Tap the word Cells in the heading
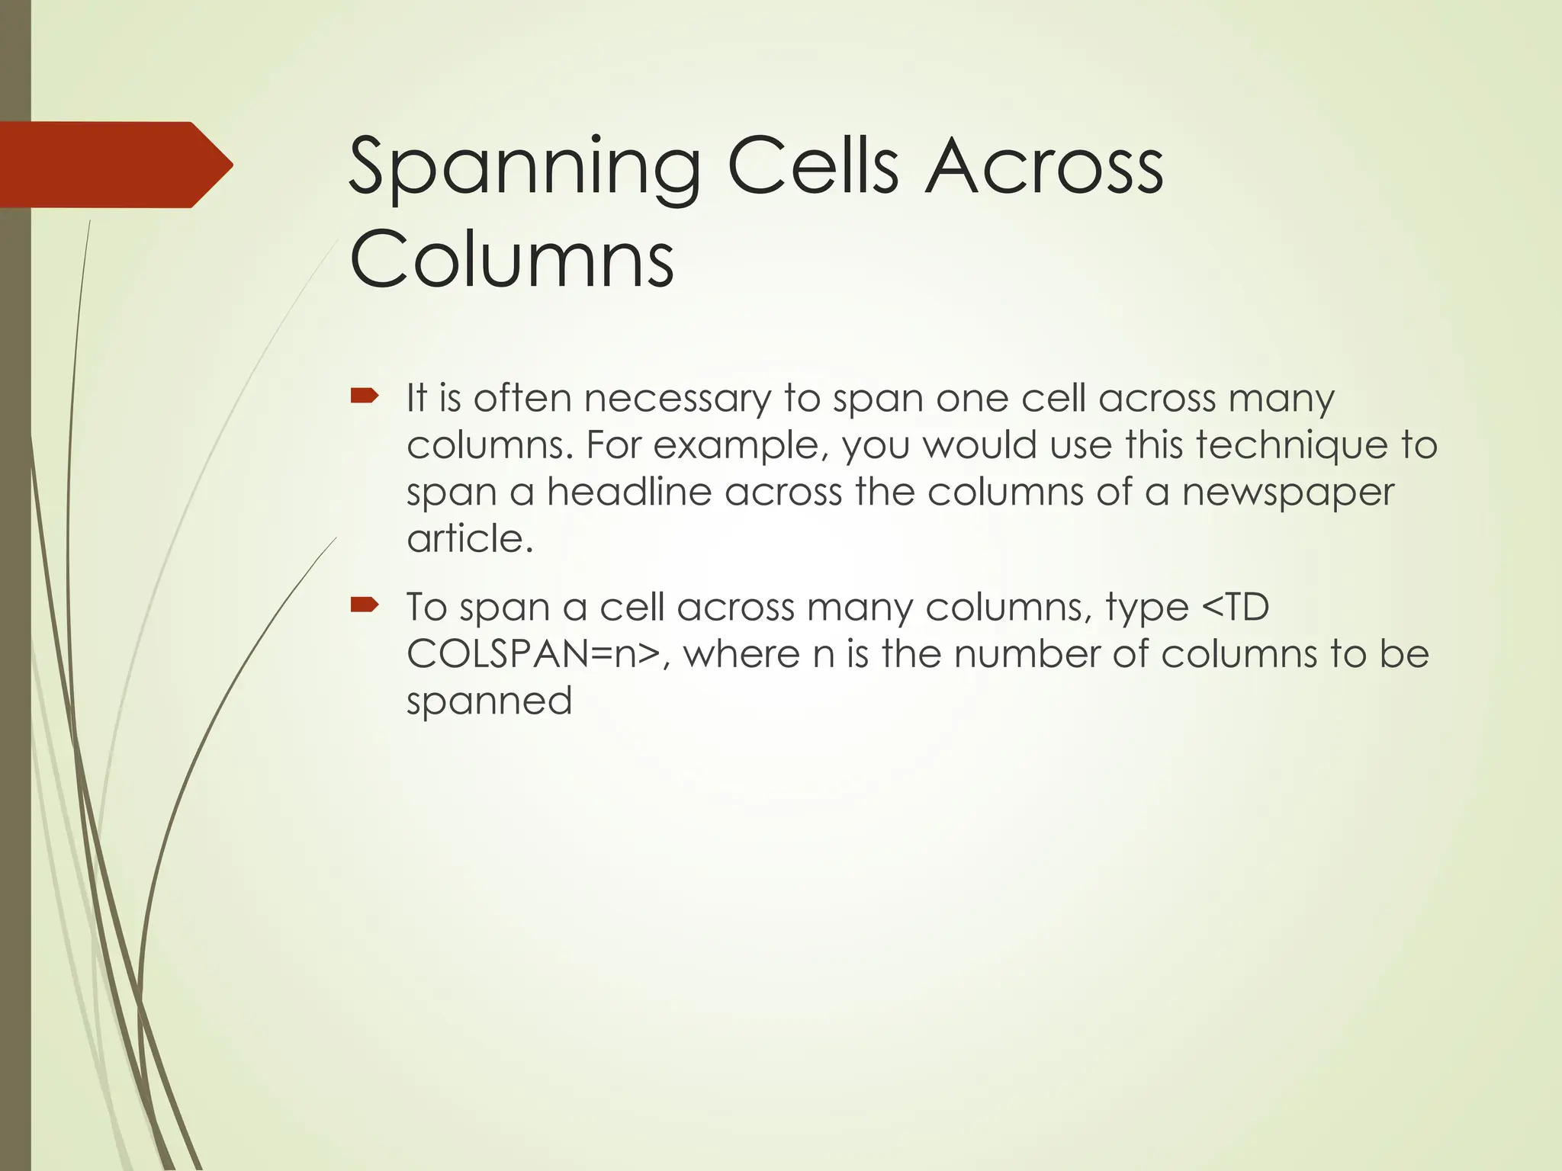813,166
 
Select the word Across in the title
1044,166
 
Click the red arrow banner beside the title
114,165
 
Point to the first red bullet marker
364,396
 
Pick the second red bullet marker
364,605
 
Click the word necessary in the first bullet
677,399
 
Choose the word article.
469,539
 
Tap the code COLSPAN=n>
534,654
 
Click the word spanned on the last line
489,701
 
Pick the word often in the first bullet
522,398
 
